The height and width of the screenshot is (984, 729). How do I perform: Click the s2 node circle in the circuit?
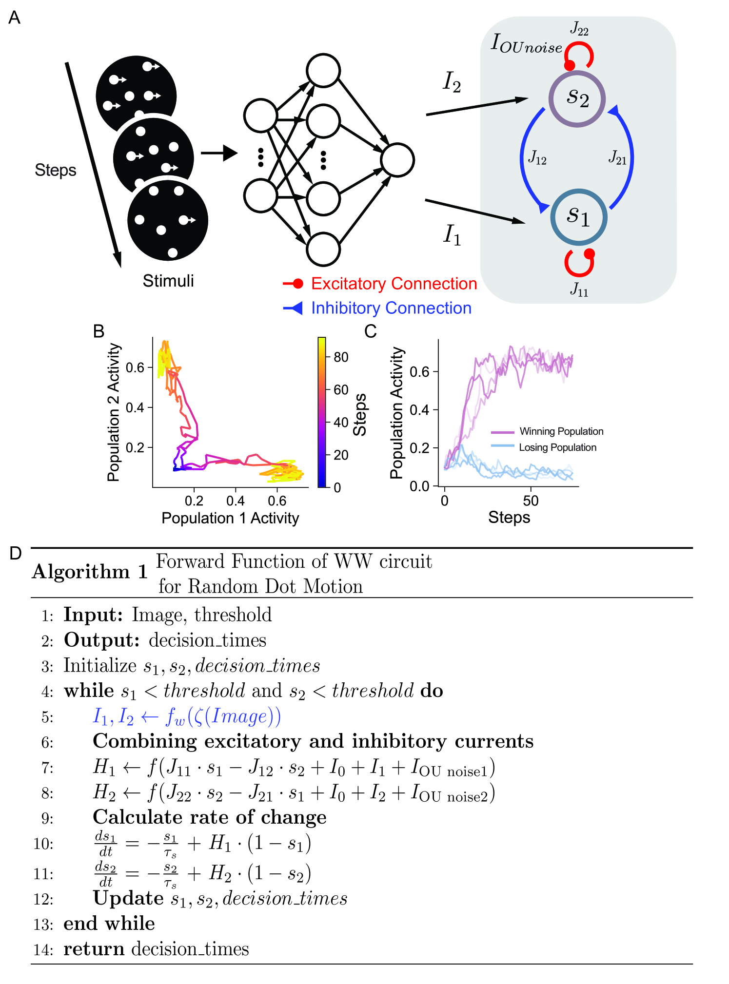pyautogui.click(x=577, y=98)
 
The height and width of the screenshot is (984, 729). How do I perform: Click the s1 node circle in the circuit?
pyautogui.click(x=578, y=217)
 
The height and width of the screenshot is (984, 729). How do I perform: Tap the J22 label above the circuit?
pyautogui.click(x=579, y=29)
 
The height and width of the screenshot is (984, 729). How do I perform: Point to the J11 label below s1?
pyautogui.click(x=579, y=290)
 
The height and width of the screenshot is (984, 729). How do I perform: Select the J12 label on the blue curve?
pyautogui.click(x=537, y=158)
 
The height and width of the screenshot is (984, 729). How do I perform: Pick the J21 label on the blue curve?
pyautogui.click(x=617, y=158)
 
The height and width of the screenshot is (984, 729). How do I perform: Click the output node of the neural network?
pyautogui.click(x=397, y=160)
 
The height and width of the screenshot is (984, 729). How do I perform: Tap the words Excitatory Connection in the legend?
pyautogui.click(x=394, y=284)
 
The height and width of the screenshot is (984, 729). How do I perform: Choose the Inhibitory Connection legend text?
pyautogui.click(x=391, y=308)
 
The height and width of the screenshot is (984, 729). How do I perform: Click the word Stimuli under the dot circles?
pyautogui.click(x=168, y=281)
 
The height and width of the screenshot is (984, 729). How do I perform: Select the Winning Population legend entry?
pyautogui.click(x=561, y=431)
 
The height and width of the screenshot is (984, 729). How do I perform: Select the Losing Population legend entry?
pyautogui.click(x=557, y=447)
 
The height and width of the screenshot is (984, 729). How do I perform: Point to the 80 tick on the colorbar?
pyautogui.click(x=341, y=357)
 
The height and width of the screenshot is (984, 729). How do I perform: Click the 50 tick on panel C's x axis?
pyautogui.click(x=531, y=501)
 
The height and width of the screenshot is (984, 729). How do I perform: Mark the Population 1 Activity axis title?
pyautogui.click(x=230, y=518)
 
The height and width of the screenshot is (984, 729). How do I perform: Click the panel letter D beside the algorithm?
pyautogui.click(x=16, y=553)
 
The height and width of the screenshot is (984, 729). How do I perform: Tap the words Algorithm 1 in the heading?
pyautogui.click(x=90, y=572)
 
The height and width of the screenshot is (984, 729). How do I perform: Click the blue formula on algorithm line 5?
pyautogui.click(x=187, y=716)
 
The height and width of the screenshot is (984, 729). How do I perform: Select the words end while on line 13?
pyautogui.click(x=109, y=924)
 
